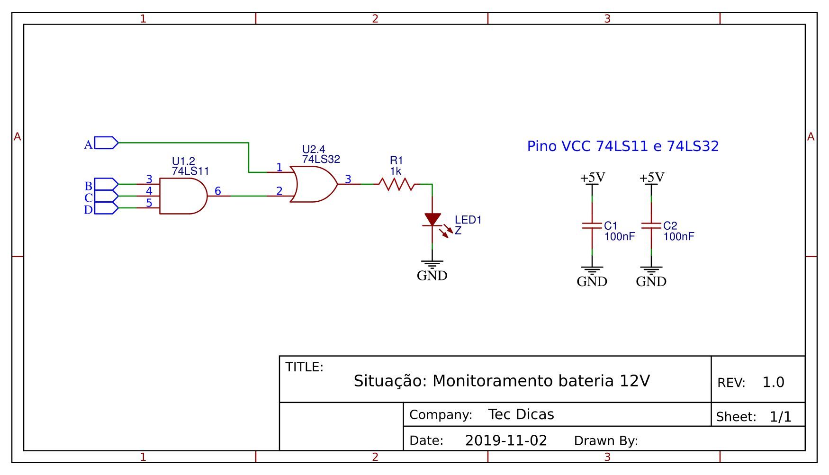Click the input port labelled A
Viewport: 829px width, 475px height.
(107, 143)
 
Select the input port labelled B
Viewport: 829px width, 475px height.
(107, 184)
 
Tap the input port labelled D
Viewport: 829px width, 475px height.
(107, 208)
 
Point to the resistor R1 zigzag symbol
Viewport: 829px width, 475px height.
(396, 184)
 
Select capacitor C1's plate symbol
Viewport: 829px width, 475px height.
(592, 226)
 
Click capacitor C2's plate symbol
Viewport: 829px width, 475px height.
(651, 226)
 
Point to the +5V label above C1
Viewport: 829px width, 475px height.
(593, 178)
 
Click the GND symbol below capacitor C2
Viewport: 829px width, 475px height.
(651, 271)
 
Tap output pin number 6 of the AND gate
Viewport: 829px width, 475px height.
(217, 191)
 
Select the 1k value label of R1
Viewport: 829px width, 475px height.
(396, 171)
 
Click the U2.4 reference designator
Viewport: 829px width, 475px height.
(314, 150)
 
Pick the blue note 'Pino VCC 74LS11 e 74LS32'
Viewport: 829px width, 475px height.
(623, 146)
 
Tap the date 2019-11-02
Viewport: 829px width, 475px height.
(506, 441)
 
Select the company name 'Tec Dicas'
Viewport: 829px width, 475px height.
(521, 414)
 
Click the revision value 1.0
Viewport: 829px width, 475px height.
(773, 382)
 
